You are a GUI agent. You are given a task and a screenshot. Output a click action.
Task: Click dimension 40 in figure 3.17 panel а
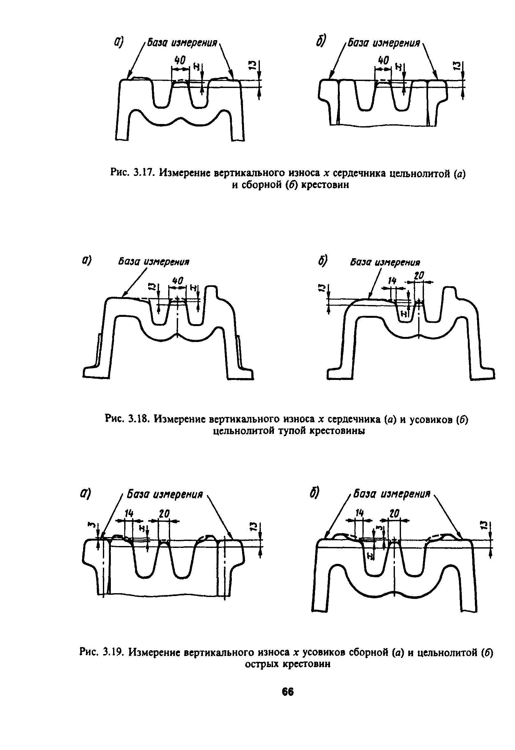[x=180, y=60]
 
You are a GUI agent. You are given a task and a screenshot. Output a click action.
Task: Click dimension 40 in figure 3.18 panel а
[x=178, y=280]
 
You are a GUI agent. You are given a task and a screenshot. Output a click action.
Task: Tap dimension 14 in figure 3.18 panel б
[x=392, y=280]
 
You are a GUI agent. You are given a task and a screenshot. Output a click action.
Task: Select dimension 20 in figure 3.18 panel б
[x=418, y=275]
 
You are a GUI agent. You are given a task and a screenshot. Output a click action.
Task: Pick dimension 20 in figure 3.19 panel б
[x=394, y=513]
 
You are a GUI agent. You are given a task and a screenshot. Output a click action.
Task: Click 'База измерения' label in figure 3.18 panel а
[x=154, y=262]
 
